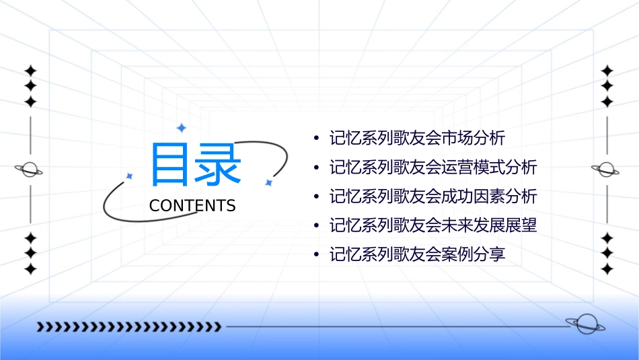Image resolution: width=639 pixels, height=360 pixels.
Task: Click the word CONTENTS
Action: [x=192, y=206]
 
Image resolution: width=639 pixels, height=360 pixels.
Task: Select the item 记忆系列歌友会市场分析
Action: [x=417, y=139]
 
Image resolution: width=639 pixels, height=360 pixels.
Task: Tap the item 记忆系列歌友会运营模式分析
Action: [x=433, y=168]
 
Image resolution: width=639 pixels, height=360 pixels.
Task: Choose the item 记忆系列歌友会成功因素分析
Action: [x=433, y=196]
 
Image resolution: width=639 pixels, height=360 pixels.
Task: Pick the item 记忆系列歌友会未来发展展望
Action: [x=433, y=225]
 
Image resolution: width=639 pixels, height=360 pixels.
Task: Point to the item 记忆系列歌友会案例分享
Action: [x=417, y=254]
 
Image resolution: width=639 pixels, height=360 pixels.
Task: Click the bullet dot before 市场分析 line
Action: [x=316, y=139]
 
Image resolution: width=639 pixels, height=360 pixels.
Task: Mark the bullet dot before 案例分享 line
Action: [x=316, y=255]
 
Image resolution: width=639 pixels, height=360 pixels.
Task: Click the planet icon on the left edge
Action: [x=30, y=170]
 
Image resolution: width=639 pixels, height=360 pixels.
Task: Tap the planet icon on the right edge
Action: [x=607, y=170]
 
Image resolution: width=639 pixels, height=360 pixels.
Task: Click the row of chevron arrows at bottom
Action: [x=128, y=327]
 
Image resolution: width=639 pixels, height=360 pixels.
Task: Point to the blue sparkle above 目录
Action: [x=181, y=127]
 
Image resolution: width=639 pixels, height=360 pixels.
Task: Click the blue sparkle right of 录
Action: [x=268, y=182]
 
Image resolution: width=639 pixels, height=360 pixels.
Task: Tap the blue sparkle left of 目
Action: [x=130, y=176]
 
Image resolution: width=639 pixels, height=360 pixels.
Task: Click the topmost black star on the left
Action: [x=30, y=71]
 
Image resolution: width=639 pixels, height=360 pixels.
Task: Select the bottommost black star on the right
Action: [x=607, y=269]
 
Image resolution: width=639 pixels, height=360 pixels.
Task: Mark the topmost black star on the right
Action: [x=607, y=71]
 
